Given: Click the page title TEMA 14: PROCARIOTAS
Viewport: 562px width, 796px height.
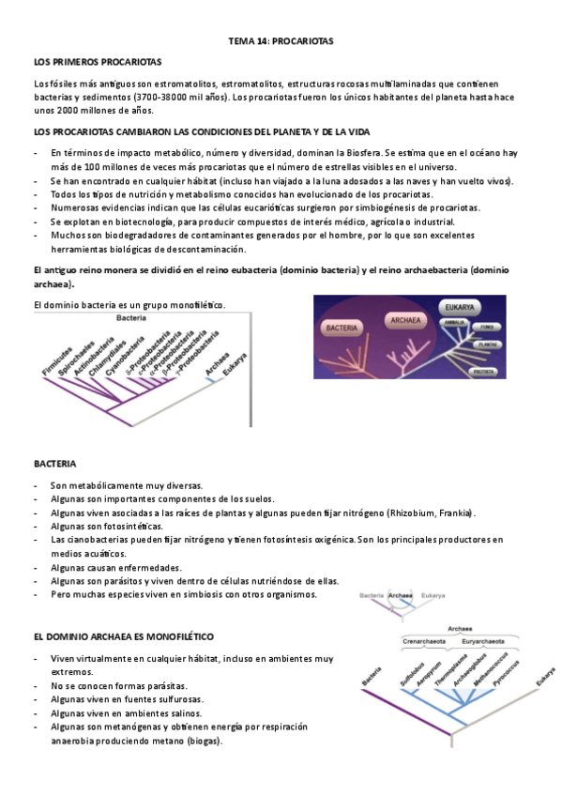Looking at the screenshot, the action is point(281,42).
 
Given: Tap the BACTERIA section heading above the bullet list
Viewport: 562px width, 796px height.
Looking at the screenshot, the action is point(55,465).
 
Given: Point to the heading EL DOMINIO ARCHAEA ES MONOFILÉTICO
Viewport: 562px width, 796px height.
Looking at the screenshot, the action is point(123,635).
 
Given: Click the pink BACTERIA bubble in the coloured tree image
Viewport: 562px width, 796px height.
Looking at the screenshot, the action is point(343,329).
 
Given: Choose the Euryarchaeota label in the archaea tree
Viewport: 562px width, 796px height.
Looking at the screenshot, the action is point(490,641).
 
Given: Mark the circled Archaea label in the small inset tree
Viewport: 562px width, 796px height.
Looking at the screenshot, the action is point(401,595).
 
